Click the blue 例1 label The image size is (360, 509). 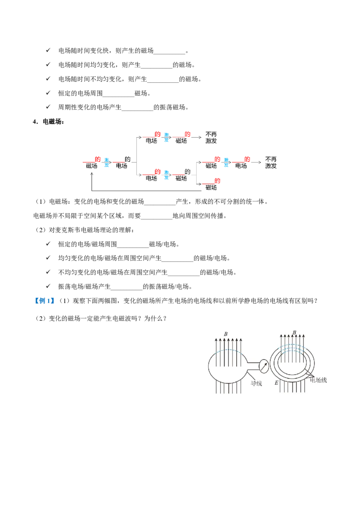45,301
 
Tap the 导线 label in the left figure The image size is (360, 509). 256,384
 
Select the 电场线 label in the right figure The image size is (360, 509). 318,380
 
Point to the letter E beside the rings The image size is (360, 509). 276,383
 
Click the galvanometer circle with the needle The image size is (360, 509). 264,366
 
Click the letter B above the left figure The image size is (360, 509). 226,334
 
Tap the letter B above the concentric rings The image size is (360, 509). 294,332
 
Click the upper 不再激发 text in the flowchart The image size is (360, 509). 211,137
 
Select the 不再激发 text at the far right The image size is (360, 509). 270,162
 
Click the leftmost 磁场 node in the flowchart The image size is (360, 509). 92,166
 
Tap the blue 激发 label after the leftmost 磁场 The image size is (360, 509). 107,163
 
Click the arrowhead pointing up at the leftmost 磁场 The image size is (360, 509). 92,174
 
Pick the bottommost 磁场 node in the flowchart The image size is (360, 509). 211,188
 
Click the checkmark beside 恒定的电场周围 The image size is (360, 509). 48,93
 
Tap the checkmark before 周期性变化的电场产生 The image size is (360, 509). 48,107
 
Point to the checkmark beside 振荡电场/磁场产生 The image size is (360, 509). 48,286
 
